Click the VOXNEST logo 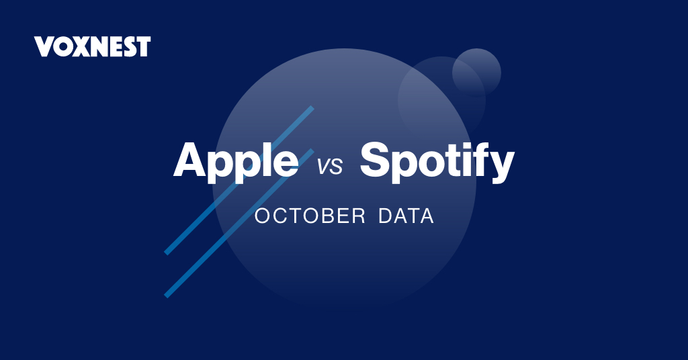click(92, 46)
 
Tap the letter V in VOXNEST click(42, 46)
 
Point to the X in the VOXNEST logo click(77, 46)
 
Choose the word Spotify click(437, 162)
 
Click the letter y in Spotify click(502, 167)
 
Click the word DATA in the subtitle click(406, 217)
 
